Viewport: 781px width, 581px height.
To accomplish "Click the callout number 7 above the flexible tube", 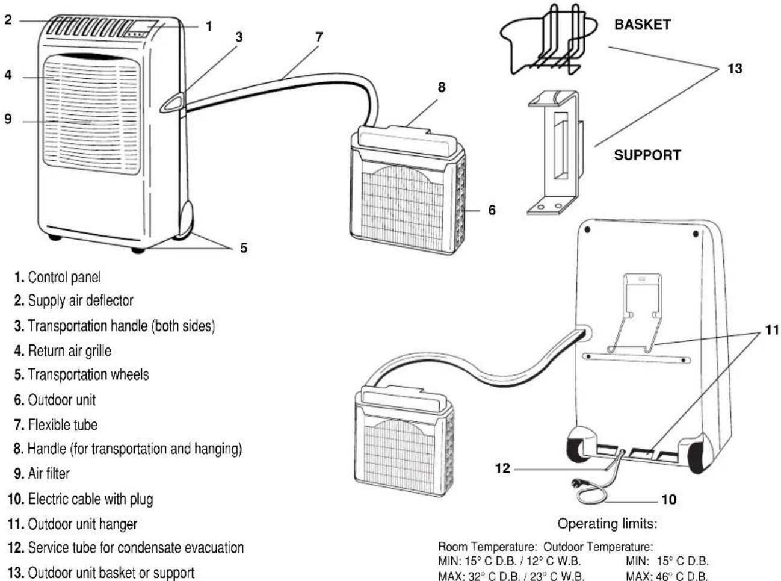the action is (x=319, y=37).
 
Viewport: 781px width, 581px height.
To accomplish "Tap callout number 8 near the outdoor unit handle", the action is (x=442, y=87).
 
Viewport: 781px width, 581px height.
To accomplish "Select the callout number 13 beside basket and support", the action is (x=735, y=69).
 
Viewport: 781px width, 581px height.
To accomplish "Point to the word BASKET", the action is (x=643, y=24).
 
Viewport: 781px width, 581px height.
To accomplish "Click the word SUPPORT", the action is (x=647, y=155).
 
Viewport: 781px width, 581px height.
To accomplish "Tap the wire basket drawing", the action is (x=549, y=40).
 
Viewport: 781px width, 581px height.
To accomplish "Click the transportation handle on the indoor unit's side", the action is (x=173, y=103).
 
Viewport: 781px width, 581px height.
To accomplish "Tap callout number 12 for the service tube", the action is (x=502, y=468).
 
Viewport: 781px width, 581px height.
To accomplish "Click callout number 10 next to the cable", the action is (x=668, y=499).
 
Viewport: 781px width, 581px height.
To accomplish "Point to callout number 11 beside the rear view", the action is (x=771, y=330).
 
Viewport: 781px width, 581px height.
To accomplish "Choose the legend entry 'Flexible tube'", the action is (x=55, y=425).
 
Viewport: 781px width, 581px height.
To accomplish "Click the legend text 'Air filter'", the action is (x=42, y=474).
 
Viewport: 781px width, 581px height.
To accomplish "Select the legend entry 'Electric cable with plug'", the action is (x=80, y=499).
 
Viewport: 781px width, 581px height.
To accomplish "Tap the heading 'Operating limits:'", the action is (x=607, y=524).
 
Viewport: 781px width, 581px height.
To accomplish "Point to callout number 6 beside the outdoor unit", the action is (x=492, y=210).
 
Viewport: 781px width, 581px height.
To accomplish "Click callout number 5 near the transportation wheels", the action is (x=244, y=248).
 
